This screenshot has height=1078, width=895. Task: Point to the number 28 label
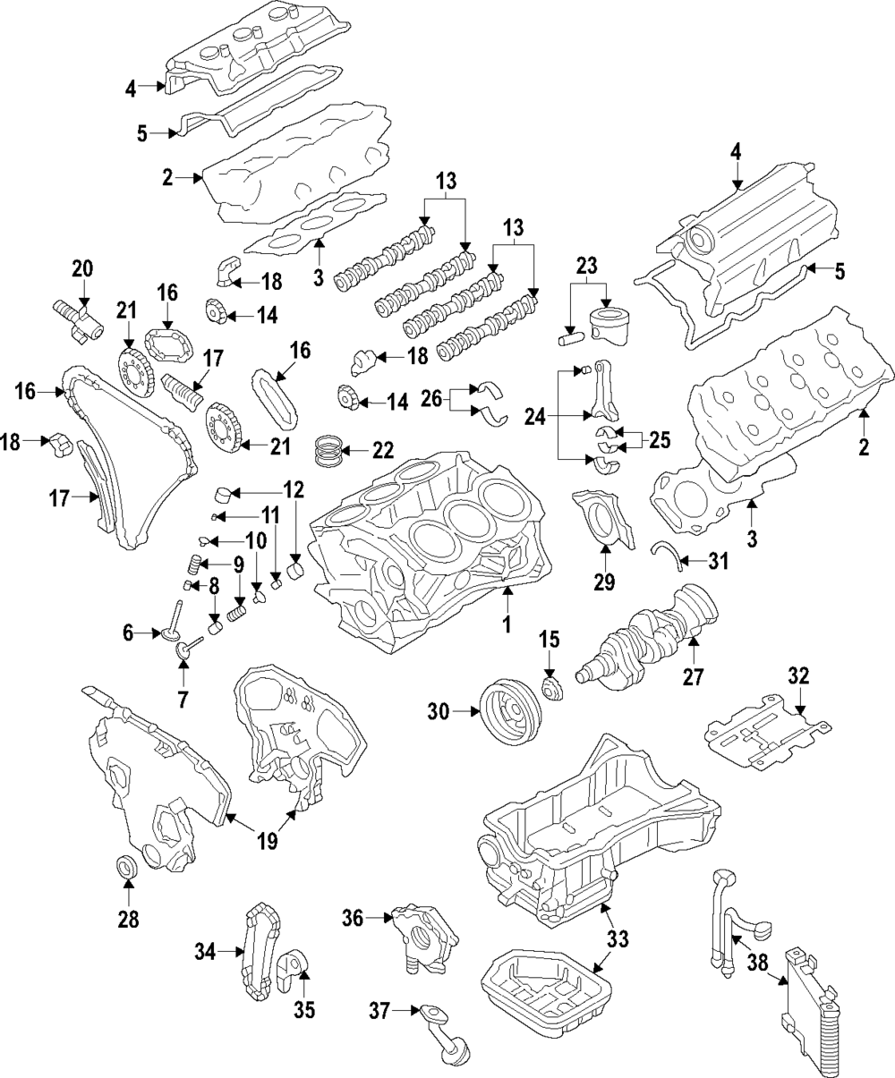coord(128,919)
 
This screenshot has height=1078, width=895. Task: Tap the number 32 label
coord(798,675)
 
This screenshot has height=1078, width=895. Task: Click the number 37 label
coord(381,1012)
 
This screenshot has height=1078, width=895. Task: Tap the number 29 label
coord(604,582)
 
